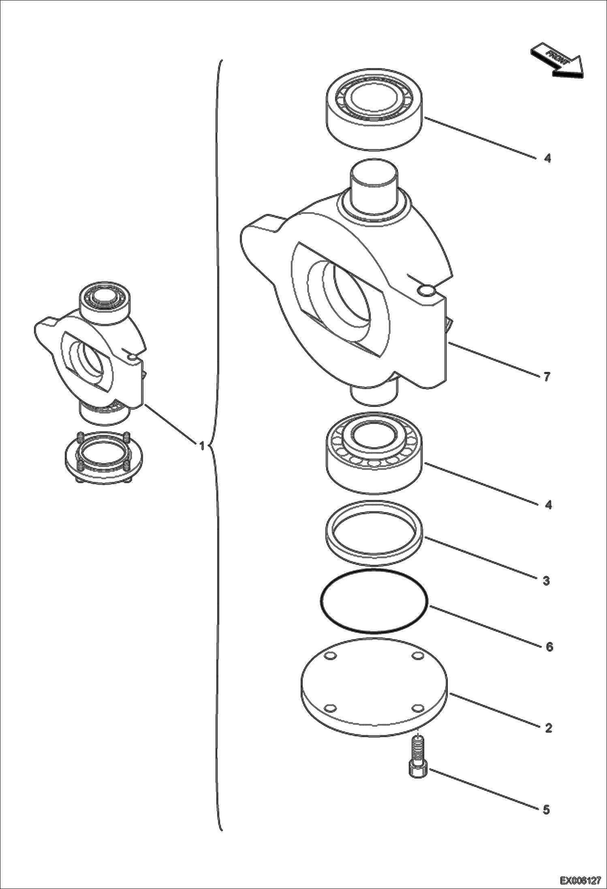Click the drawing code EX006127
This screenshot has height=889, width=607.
(x=580, y=880)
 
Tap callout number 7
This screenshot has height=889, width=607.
(x=547, y=377)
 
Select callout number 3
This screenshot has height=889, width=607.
(x=546, y=581)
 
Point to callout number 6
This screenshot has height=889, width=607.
(x=549, y=647)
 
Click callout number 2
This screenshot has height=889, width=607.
(x=548, y=728)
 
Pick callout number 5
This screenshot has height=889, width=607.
(x=546, y=810)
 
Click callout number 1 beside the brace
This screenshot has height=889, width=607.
(x=201, y=446)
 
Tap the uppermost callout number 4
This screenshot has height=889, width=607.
(x=547, y=158)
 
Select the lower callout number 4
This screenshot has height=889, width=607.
(x=548, y=505)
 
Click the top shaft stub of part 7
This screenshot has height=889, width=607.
(x=374, y=180)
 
